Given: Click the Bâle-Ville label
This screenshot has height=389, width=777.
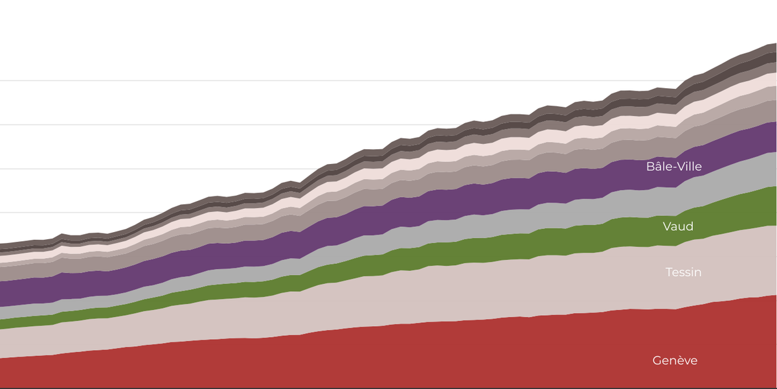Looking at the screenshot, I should (x=673, y=167).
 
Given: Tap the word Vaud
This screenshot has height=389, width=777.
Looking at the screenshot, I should (x=678, y=226).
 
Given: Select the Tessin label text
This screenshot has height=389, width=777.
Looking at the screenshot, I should (x=683, y=272).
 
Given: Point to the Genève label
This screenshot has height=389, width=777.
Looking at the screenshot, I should (x=675, y=360).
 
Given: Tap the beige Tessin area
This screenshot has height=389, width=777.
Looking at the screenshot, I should (x=453, y=292).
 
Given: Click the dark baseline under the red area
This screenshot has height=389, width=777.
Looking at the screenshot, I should (x=388, y=388).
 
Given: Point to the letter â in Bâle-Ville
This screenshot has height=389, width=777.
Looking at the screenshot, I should (x=658, y=167).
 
